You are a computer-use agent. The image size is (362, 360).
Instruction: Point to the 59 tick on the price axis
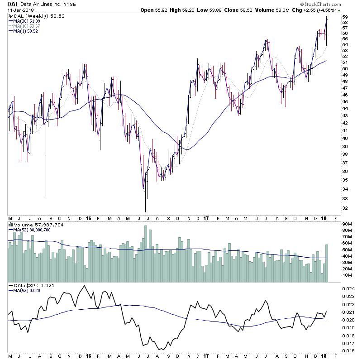point(345,17)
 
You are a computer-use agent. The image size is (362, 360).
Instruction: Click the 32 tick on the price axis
point(345,208)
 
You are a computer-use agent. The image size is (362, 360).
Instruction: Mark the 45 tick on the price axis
point(345,102)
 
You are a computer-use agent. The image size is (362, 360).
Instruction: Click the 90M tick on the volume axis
point(347,224)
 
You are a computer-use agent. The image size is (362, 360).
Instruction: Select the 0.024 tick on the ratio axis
point(348,288)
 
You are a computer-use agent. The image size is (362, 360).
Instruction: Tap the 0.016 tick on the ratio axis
point(348,350)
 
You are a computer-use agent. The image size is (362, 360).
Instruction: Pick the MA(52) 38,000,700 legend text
point(33,230)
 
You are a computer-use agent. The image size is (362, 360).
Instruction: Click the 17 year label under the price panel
point(205,218)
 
